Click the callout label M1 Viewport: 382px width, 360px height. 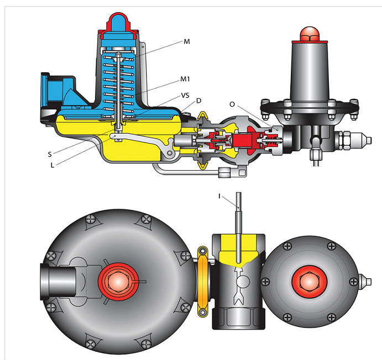[x=187, y=78]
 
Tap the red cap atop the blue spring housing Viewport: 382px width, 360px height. [x=118, y=21]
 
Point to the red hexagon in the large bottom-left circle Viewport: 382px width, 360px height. [x=116, y=280]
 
